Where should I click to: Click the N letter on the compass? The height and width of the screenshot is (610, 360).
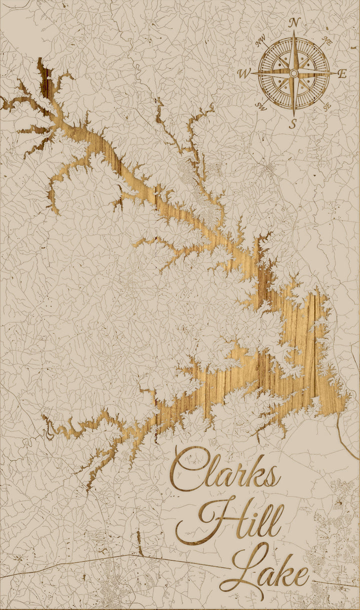(x=294, y=22)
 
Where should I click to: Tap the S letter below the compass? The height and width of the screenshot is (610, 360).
(x=293, y=123)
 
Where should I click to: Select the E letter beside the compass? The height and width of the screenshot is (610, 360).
(x=342, y=74)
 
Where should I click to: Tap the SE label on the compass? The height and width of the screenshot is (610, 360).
(x=327, y=106)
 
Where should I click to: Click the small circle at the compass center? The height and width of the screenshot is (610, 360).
(x=294, y=73)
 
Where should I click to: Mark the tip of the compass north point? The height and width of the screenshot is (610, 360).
(x=294, y=31)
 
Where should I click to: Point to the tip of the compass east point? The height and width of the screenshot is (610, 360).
(x=336, y=73)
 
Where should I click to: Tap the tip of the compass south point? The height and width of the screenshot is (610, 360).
(x=294, y=116)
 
